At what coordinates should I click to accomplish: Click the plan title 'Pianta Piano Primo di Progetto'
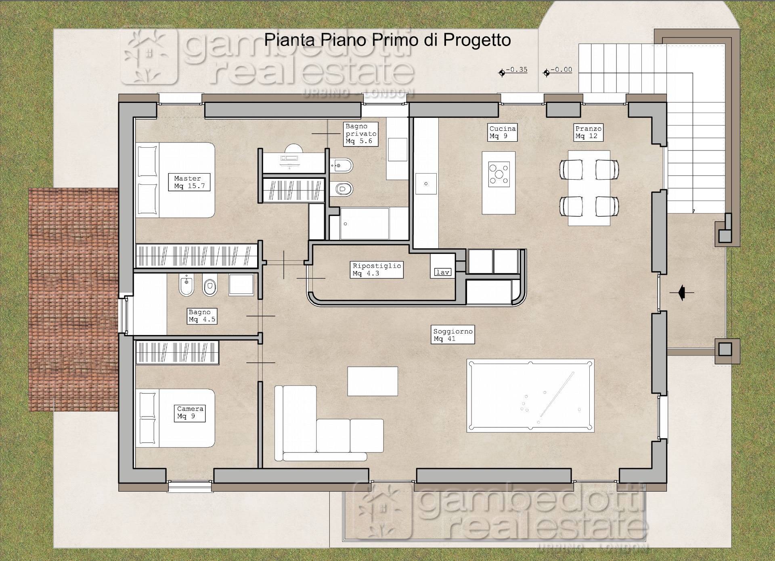coord(387,40)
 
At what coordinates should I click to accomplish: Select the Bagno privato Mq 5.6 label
coord(361,134)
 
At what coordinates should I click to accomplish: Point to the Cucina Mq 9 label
coord(503,132)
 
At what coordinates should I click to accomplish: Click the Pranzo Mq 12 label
coord(589,132)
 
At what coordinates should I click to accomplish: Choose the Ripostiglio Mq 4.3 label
coord(377,270)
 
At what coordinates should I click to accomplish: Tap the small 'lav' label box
coord(443,272)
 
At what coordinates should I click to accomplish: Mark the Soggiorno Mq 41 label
coord(452,335)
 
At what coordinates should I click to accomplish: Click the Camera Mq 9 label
coord(190,413)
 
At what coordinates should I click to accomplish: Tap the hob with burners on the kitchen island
coord(499,175)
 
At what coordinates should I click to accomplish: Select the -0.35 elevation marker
coord(513,71)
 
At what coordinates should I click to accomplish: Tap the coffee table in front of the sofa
coord(373,381)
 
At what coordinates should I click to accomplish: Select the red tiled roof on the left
coord(73,300)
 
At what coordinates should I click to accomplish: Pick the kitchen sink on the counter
coord(426,184)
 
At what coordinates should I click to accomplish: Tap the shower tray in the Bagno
coord(241,285)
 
